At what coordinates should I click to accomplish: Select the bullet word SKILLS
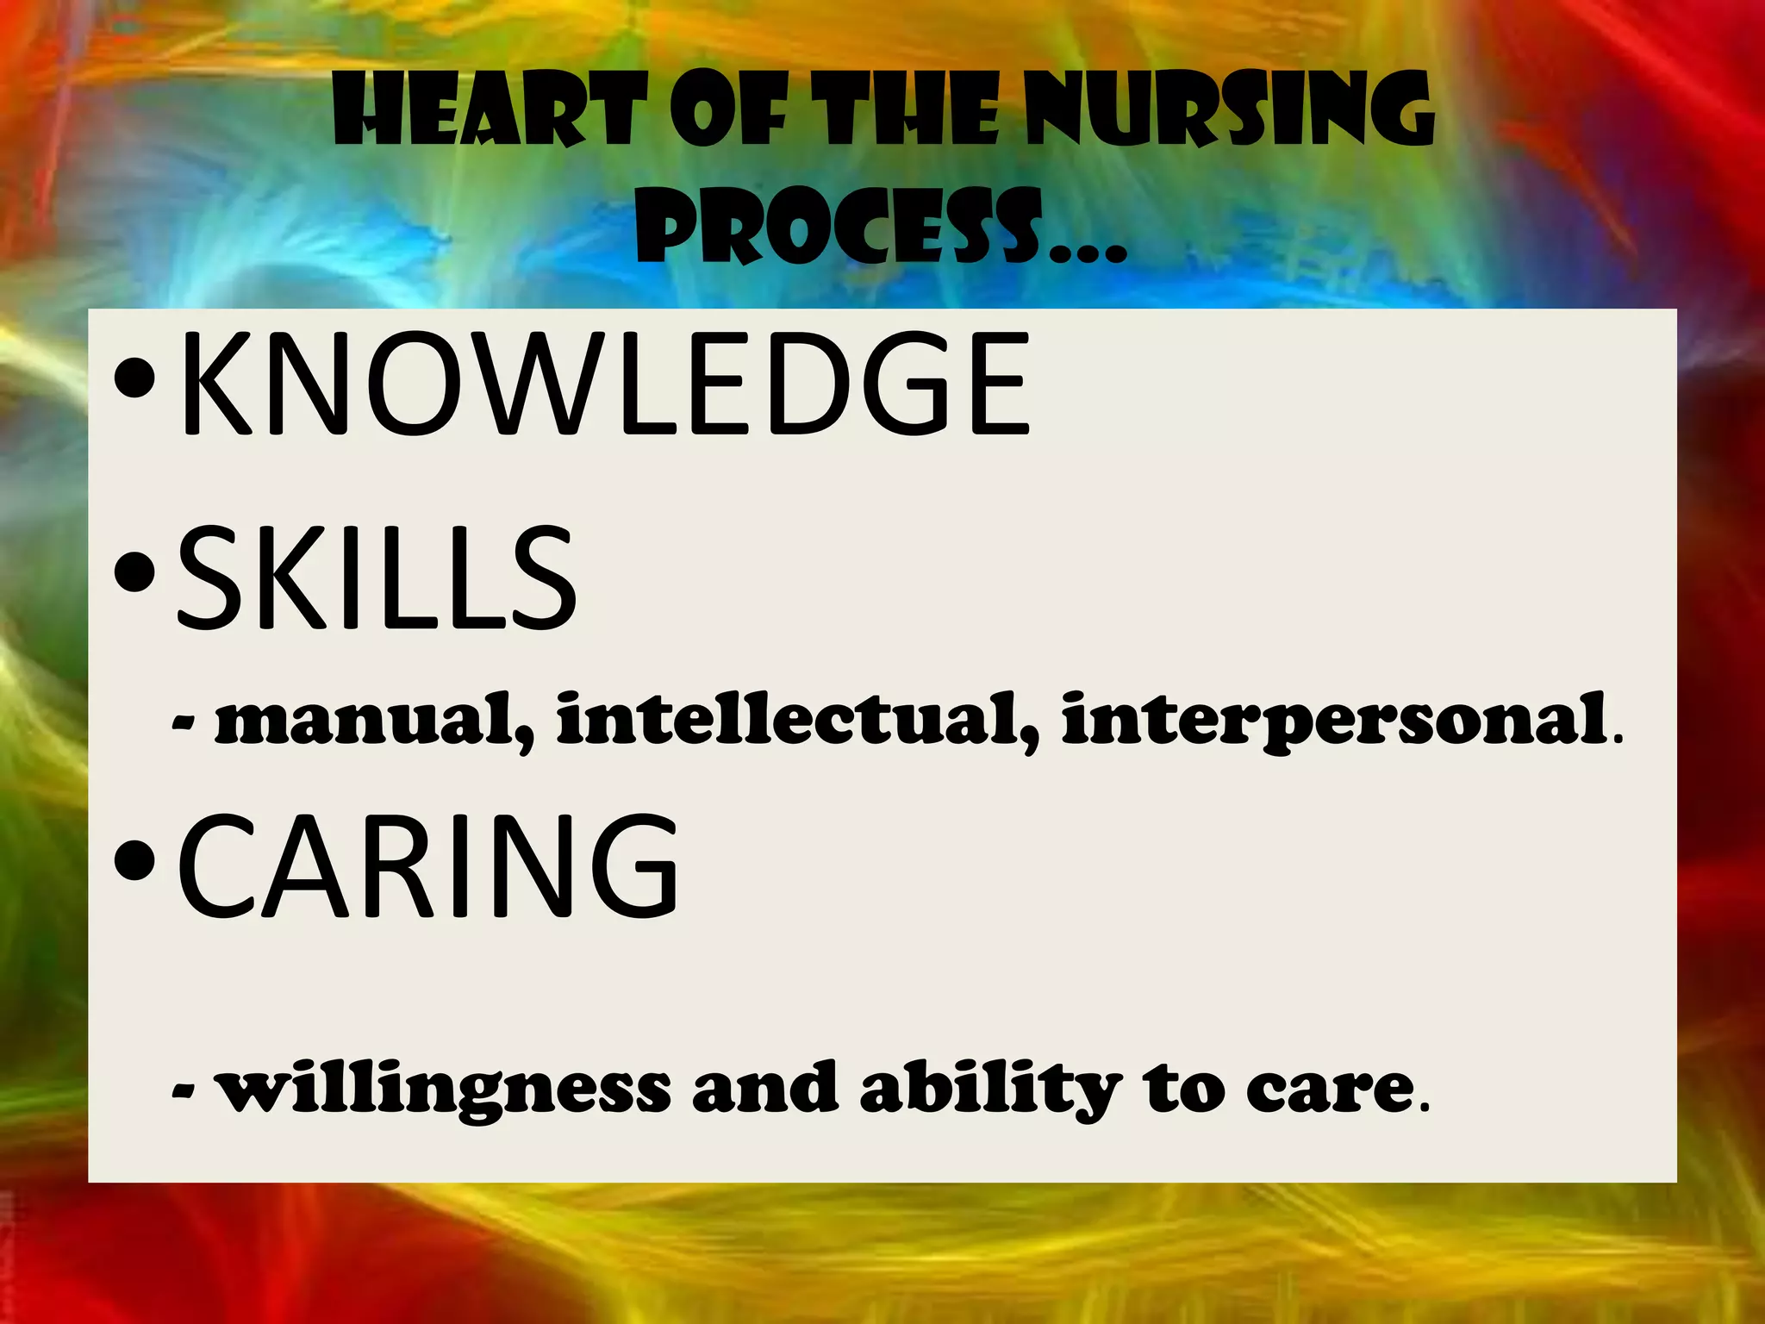coord(377,578)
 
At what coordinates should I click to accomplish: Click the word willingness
coord(443,1090)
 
